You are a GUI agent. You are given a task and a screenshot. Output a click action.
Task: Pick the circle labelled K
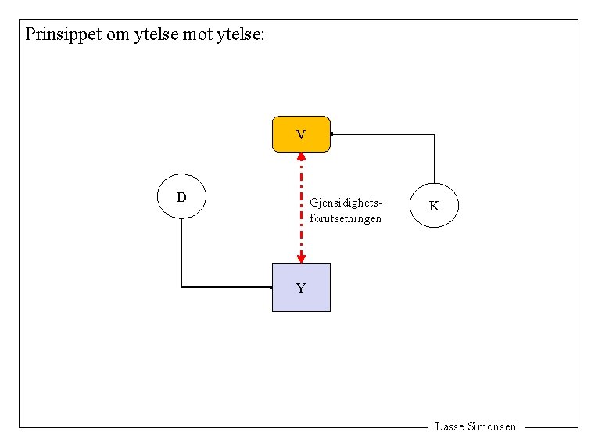click(x=434, y=206)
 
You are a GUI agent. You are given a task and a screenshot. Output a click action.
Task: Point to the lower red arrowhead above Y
click(x=301, y=258)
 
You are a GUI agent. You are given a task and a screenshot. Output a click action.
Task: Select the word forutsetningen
click(x=346, y=218)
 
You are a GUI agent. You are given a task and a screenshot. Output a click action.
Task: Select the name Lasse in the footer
click(x=449, y=426)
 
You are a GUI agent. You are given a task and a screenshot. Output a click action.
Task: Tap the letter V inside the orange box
click(x=301, y=135)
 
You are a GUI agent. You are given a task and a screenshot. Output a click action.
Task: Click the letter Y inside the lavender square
click(x=301, y=288)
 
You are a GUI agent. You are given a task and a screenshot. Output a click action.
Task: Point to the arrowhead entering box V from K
click(x=333, y=135)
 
